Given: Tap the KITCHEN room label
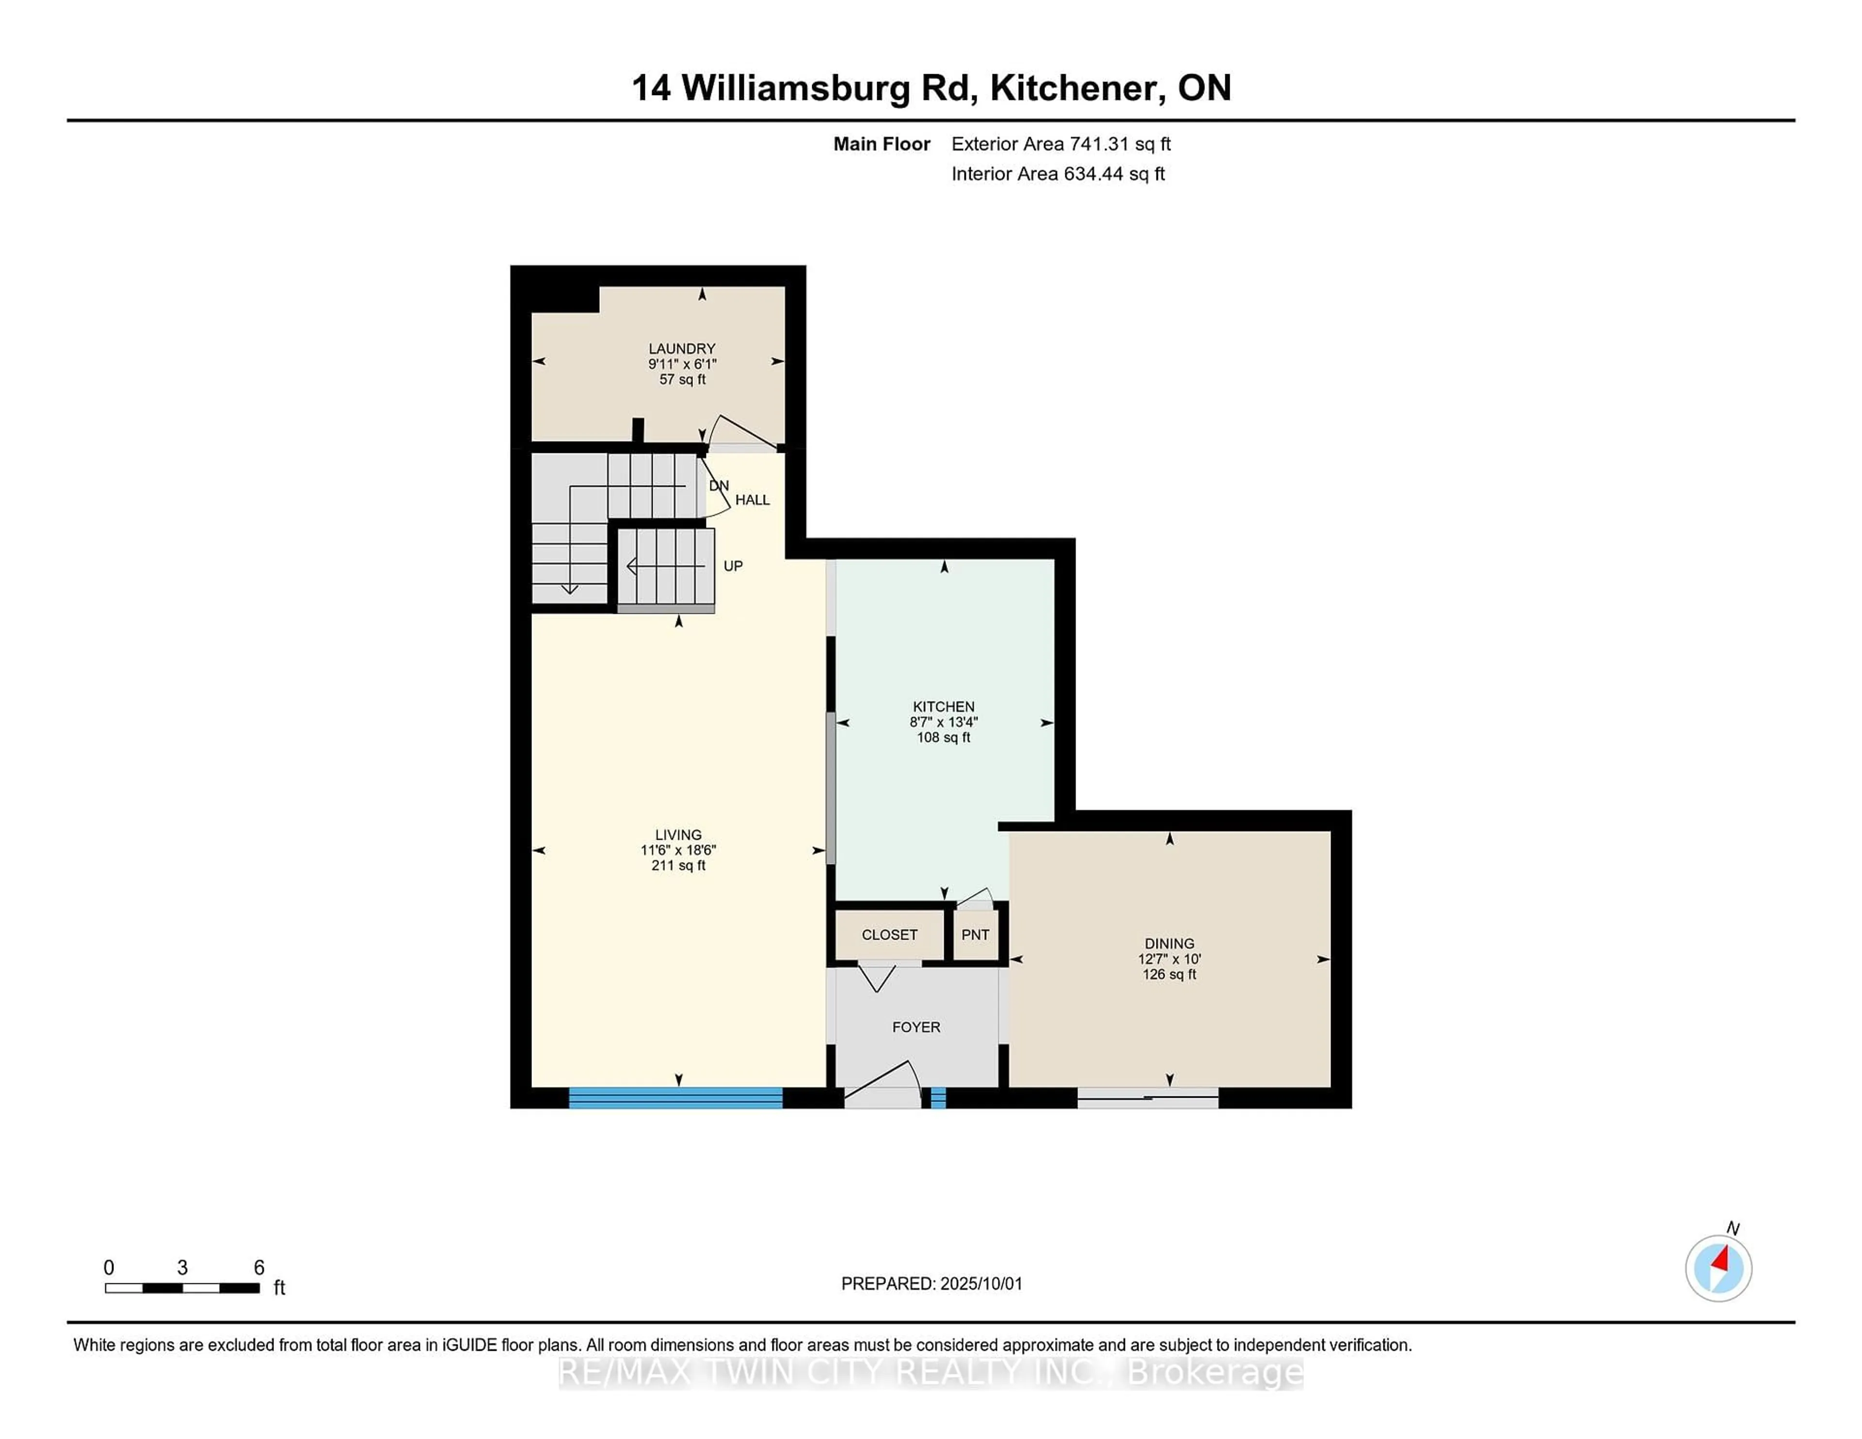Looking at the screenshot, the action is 943,707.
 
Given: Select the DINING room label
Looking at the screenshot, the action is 1169,943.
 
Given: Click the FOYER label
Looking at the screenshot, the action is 915,1027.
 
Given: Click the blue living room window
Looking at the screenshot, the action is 675,1098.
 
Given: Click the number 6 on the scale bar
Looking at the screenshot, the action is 259,1268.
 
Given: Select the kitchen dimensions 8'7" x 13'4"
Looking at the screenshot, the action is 943,722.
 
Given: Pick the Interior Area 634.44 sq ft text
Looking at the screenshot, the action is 1058,174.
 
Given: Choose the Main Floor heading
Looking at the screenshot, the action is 882,144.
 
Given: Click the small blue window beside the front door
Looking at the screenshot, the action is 938,1098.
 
